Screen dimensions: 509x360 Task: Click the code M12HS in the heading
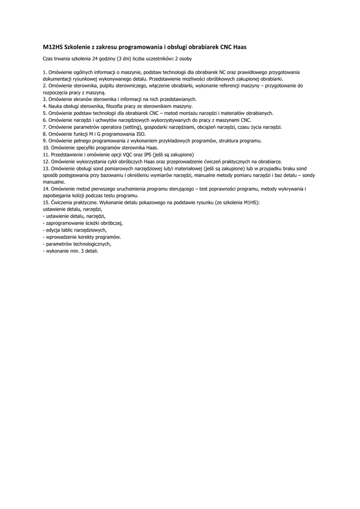pos(53,47)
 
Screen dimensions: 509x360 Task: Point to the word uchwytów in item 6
pos(106,120)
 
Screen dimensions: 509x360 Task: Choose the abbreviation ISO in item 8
pos(141,134)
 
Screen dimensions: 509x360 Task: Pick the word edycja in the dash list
pos(53,231)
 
